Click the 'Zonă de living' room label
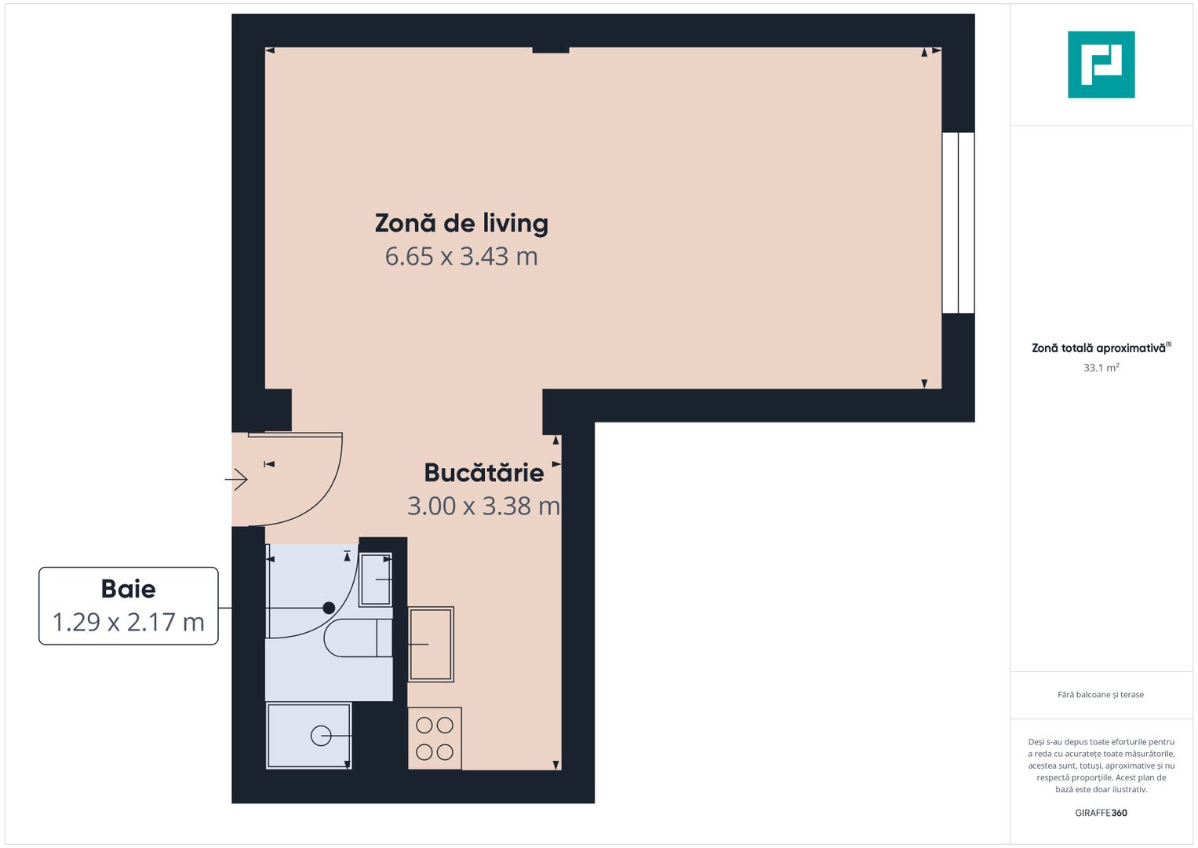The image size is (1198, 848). tap(461, 223)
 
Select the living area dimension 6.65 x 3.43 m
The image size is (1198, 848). tap(461, 257)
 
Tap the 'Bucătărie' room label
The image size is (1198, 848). tap(483, 473)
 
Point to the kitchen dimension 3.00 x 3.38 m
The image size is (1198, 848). tap(483, 506)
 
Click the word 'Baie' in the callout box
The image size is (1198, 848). tap(129, 589)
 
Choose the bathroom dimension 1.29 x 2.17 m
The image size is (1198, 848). tap(129, 622)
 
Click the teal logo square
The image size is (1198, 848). tap(1101, 64)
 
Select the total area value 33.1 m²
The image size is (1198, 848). tap(1101, 367)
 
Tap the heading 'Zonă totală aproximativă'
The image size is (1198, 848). tap(1098, 348)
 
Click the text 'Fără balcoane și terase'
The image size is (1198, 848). tap(1100, 695)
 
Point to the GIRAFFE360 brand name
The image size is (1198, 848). tap(1101, 813)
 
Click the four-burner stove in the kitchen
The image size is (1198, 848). tap(435, 738)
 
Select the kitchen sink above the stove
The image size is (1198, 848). tap(431, 644)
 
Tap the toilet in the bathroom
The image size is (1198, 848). tap(359, 638)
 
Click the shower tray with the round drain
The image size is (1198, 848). tap(308, 736)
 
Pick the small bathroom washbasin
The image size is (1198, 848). tap(376, 580)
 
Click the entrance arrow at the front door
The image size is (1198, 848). tap(237, 479)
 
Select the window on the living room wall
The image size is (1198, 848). tap(958, 223)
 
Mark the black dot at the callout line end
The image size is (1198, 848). tap(329, 608)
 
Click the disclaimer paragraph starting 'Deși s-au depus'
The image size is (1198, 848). tap(1101, 766)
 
